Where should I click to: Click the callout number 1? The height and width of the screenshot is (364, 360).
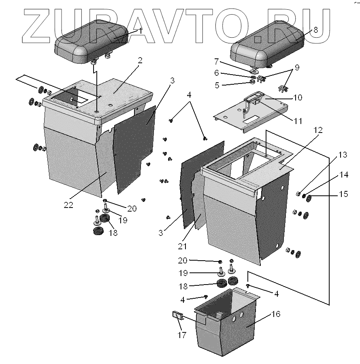tap(141, 31)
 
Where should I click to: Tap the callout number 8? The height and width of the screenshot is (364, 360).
tap(316, 30)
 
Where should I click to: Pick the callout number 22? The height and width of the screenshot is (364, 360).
tap(68, 205)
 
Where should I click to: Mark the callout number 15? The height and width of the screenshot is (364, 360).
tap(343, 195)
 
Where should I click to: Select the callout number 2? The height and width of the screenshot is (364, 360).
tap(140, 60)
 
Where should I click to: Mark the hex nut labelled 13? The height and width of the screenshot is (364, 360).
tap(298, 194)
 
